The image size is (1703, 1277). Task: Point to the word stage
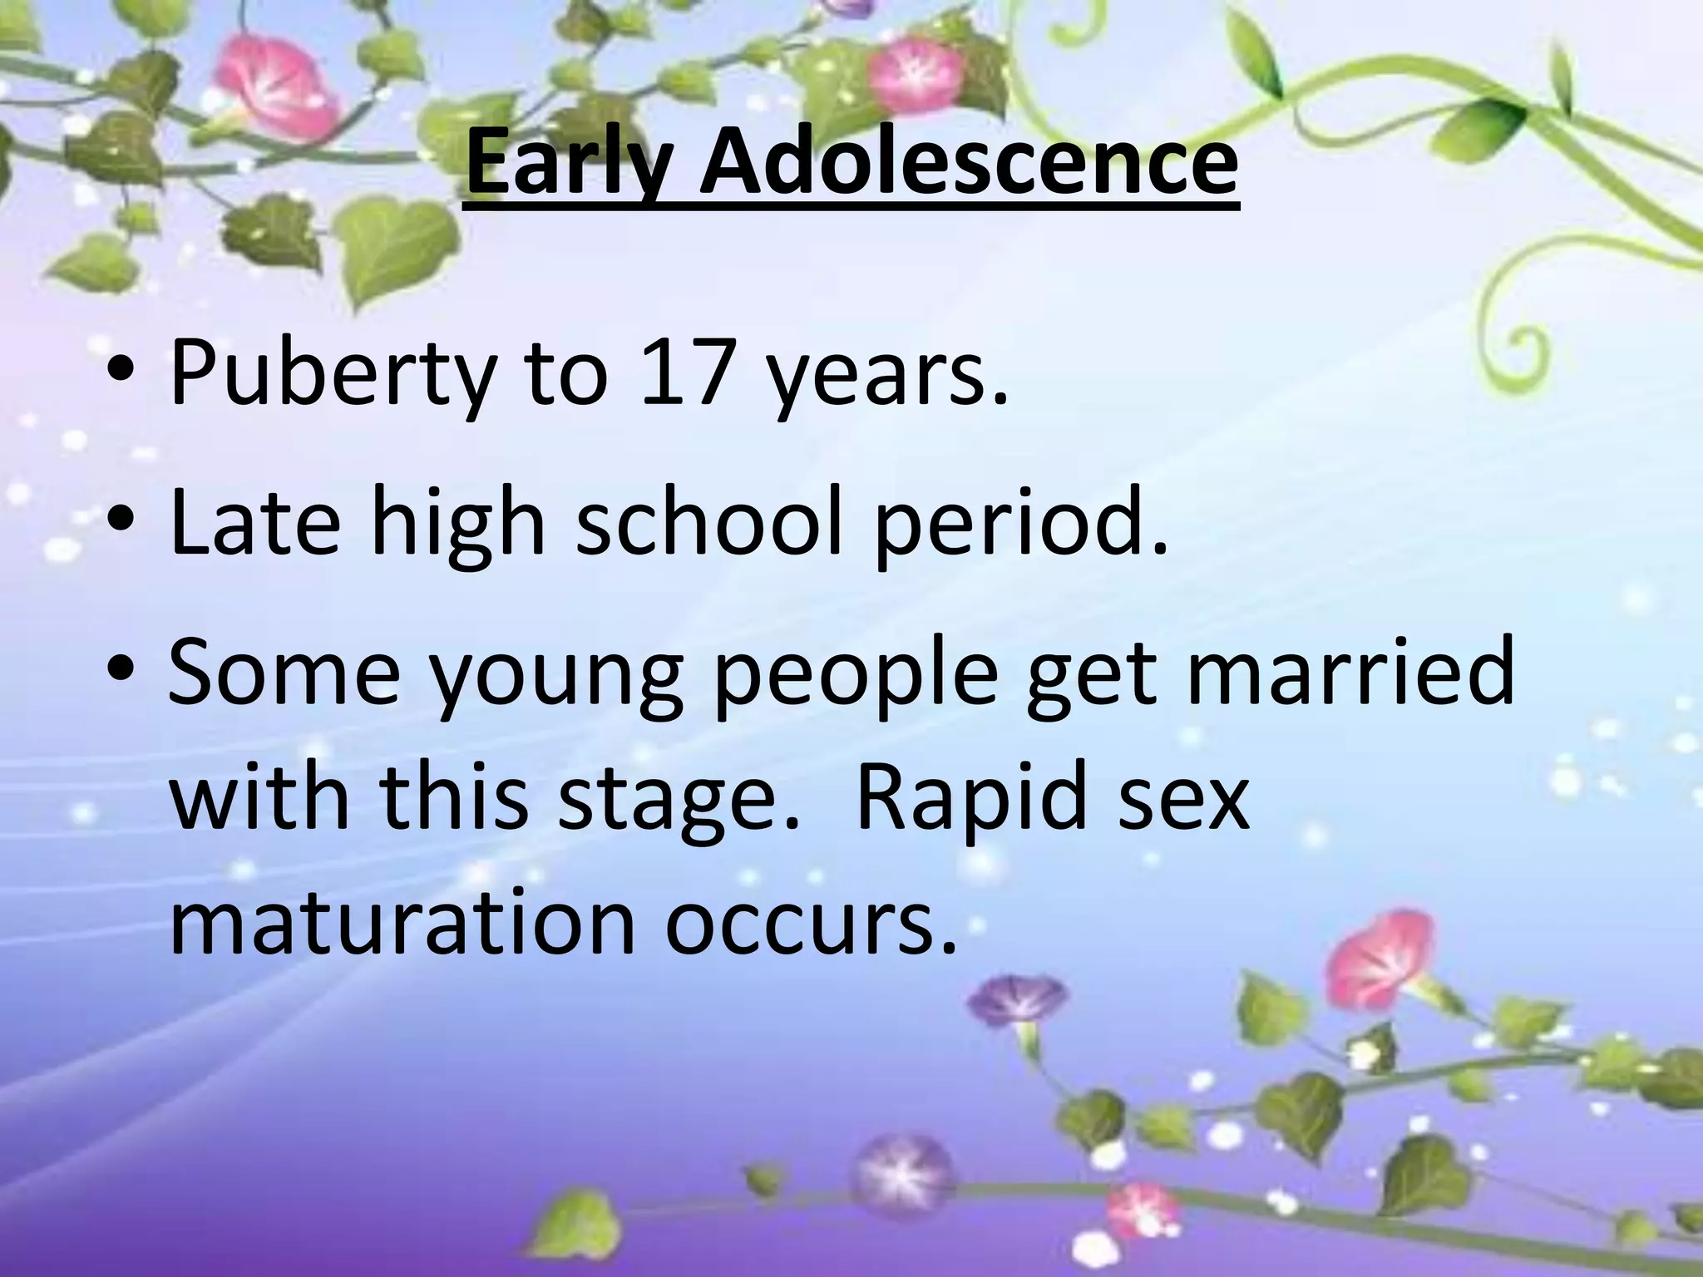pos(673,802)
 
